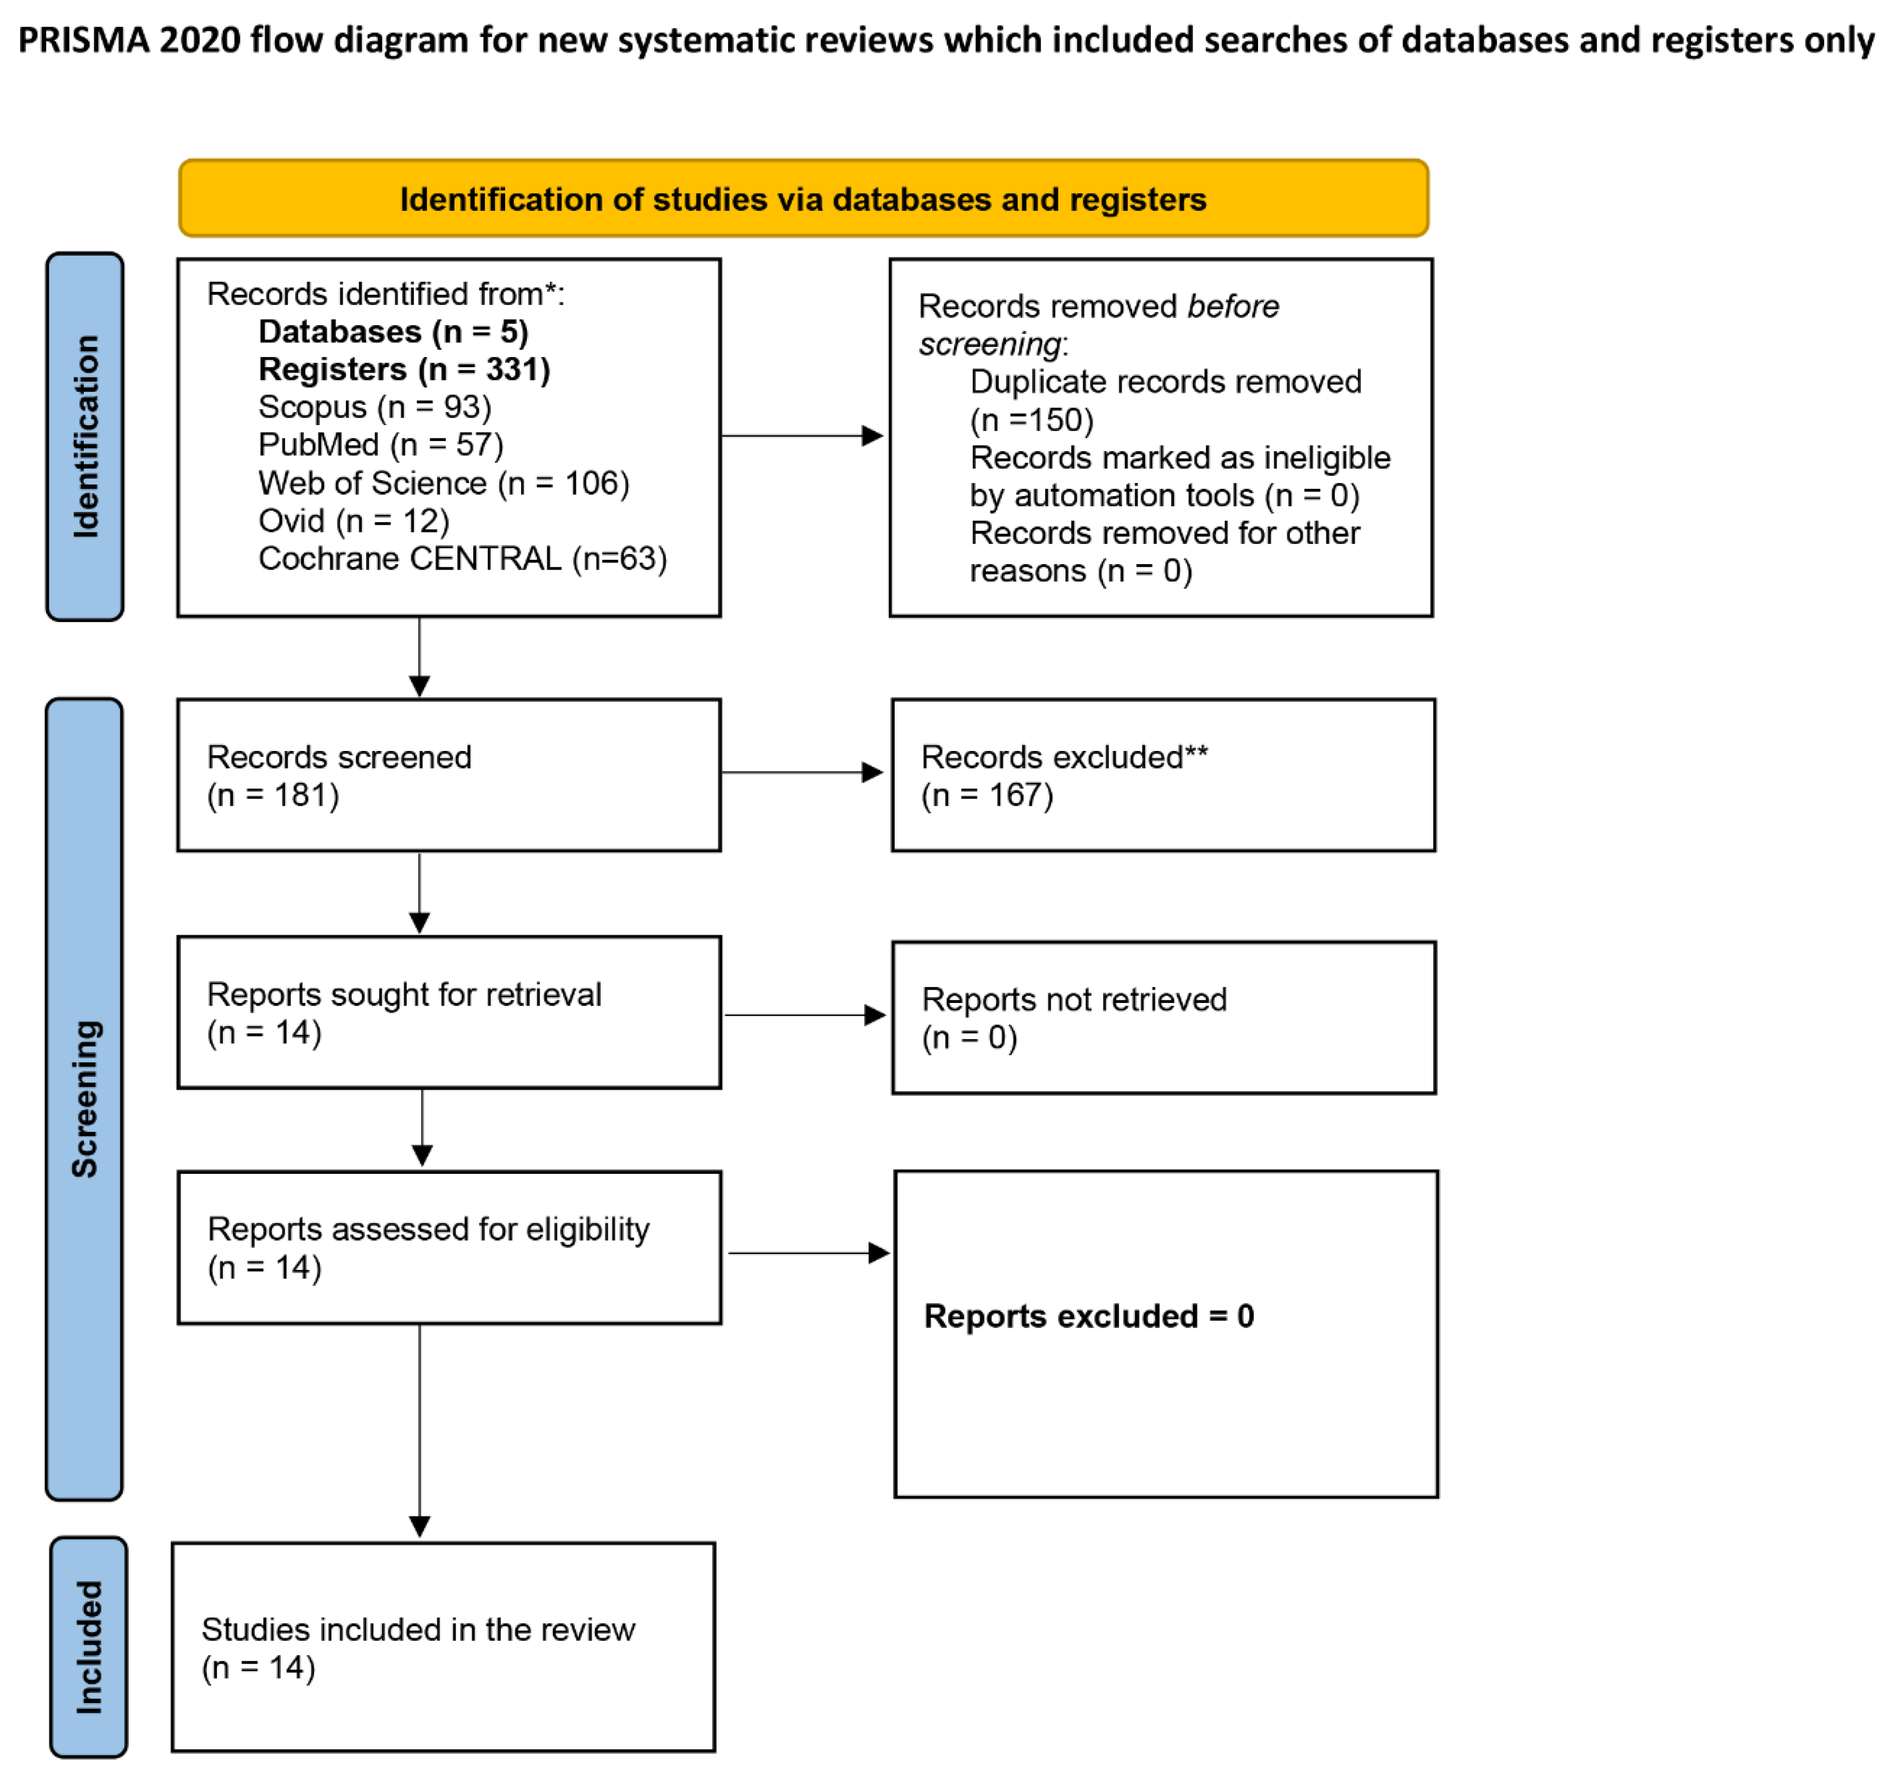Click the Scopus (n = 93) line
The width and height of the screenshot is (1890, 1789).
tap(374, 407)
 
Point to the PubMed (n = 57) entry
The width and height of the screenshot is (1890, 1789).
tap(379, 444)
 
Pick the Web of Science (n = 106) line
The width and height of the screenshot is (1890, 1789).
tap(444, 482)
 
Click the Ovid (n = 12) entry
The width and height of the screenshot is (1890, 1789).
tap(353, 521)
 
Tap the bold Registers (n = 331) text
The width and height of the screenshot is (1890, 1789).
tap(403, 369)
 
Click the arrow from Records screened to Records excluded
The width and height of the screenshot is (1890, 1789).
tap(801, 772)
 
